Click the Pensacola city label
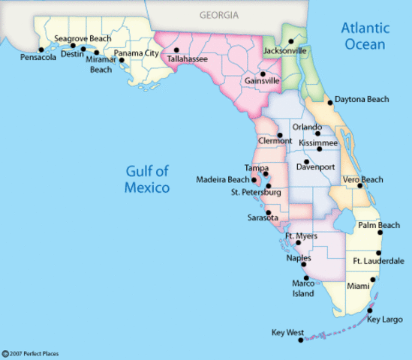tap(38, 57)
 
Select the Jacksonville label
tap(285, 51)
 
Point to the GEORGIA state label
tap(219, 14)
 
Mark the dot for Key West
tap(301, 340)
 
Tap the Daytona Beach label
tap(362, 99)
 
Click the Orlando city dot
tap(317, 135)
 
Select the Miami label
tap(359, 286)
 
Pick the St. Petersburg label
tap(256, 193)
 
